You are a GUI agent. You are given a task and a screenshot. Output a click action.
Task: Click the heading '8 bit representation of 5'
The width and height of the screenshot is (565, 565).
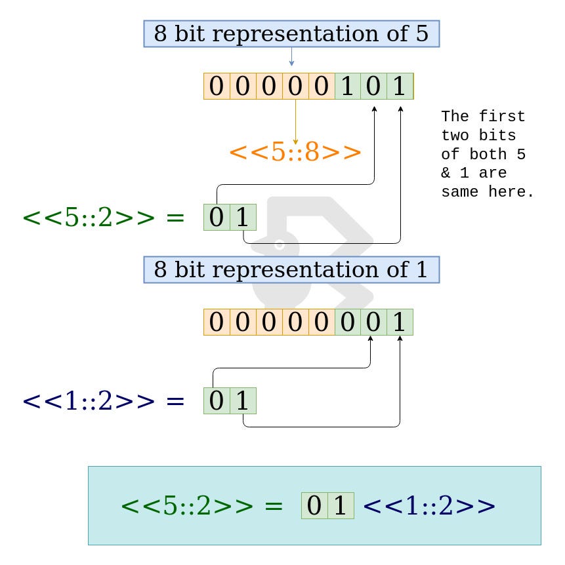291,33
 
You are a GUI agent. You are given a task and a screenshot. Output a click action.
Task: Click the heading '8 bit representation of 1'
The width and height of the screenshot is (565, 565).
291,269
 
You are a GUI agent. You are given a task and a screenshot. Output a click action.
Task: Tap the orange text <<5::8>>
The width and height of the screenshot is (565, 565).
295,153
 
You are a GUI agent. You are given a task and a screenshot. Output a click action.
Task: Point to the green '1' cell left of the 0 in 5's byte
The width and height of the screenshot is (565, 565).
348,87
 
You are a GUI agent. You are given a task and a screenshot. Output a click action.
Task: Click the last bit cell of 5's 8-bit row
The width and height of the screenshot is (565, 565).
400,87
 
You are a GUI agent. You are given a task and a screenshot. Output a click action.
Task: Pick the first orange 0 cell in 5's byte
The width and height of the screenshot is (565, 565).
217,87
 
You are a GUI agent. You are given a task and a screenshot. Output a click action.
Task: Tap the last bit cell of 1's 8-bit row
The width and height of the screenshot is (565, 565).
400,322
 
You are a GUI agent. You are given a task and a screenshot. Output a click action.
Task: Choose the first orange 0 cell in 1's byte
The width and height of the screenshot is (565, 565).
217,322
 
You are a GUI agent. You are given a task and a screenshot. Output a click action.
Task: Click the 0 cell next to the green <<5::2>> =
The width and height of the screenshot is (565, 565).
217,218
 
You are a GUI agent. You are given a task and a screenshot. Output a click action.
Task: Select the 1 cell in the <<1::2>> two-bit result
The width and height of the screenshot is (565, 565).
243,400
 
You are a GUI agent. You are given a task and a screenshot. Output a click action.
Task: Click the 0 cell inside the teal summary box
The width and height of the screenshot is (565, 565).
314,506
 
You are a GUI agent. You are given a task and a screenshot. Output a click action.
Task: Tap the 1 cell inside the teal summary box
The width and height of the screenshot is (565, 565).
341,506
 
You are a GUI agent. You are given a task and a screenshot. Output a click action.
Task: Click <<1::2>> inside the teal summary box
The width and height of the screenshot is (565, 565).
429,506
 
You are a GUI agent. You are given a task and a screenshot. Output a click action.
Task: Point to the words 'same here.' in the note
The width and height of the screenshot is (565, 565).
487,193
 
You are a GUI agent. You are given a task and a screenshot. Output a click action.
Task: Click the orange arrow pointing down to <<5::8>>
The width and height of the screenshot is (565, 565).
295,121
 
